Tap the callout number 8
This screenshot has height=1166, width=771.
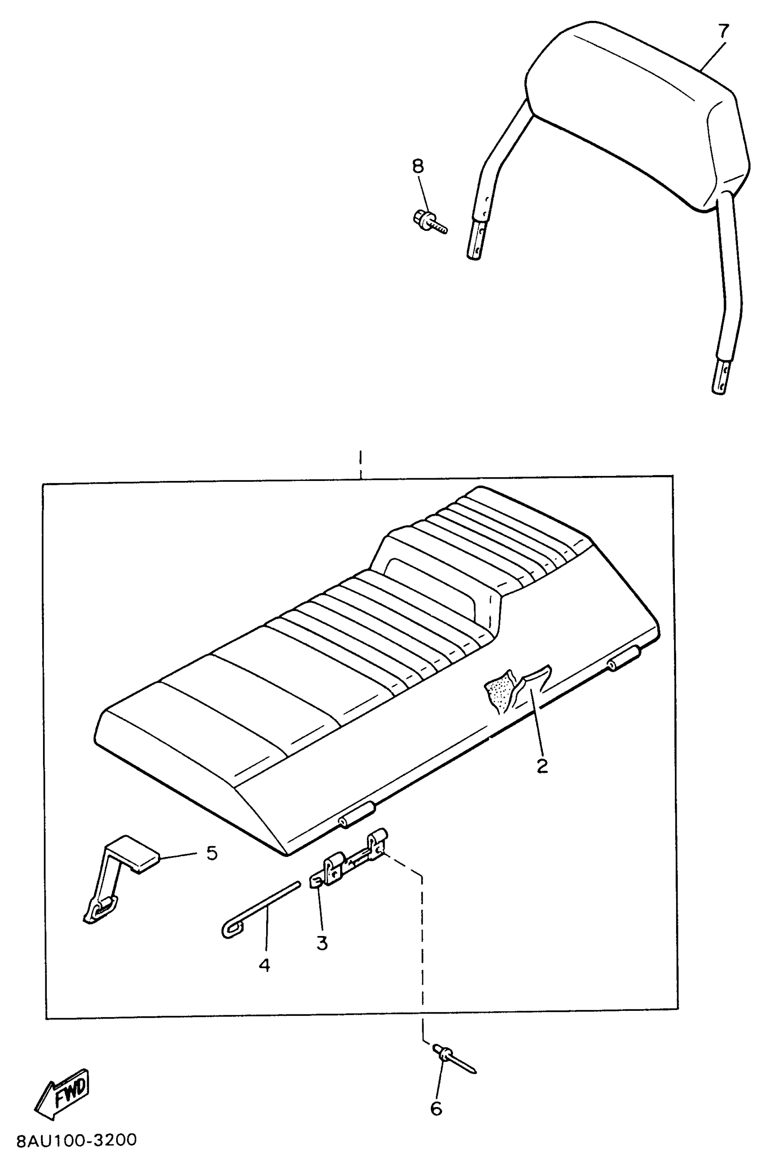(417, 166)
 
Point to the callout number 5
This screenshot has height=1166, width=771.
(211, 853)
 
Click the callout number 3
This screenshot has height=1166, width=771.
(322, 943)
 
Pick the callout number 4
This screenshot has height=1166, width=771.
(264, 965)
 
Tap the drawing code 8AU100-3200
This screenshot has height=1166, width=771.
(77, 1140)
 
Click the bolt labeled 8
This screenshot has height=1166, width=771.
(429, 222)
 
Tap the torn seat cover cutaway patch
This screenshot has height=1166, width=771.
(516, 689)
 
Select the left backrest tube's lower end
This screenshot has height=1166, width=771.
(475, 244)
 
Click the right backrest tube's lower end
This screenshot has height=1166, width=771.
(719, 381)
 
